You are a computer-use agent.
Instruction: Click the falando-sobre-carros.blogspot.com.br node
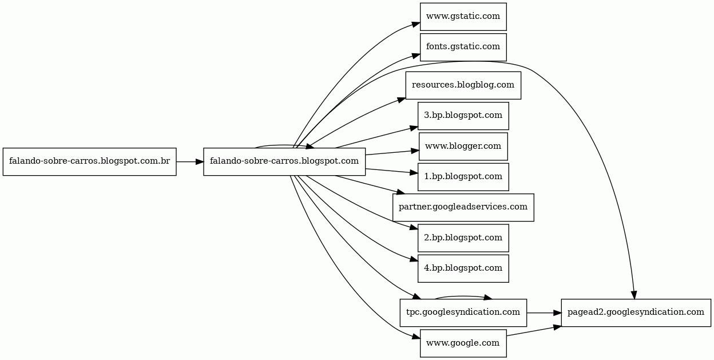pos(89,161)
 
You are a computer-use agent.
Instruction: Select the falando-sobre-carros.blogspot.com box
pos(284,161)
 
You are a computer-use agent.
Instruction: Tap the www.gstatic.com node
pos(463,17)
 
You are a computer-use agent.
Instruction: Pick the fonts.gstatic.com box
pos(463,47)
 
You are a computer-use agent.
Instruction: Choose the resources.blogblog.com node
pos(463,85)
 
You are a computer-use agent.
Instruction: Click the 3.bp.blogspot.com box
pos(463,116)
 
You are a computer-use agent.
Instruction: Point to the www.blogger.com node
pos(463,147)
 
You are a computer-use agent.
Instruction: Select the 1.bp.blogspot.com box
pos(463,177)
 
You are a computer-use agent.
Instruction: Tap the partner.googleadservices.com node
pos(463,207)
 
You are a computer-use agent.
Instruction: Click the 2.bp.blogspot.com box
pos(463,238)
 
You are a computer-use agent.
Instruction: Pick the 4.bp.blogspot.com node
pos(463,268)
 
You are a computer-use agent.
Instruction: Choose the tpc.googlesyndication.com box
pos(463,312)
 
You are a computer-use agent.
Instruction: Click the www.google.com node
pos(463,343)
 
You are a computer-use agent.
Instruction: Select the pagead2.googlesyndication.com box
pos(636,312)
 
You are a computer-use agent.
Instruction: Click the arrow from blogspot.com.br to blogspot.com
pos(189,161)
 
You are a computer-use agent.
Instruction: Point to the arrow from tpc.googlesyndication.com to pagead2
pos(544,312)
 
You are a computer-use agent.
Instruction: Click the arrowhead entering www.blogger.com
pos(415,151)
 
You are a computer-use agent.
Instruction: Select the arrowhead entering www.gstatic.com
pos(416,25)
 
